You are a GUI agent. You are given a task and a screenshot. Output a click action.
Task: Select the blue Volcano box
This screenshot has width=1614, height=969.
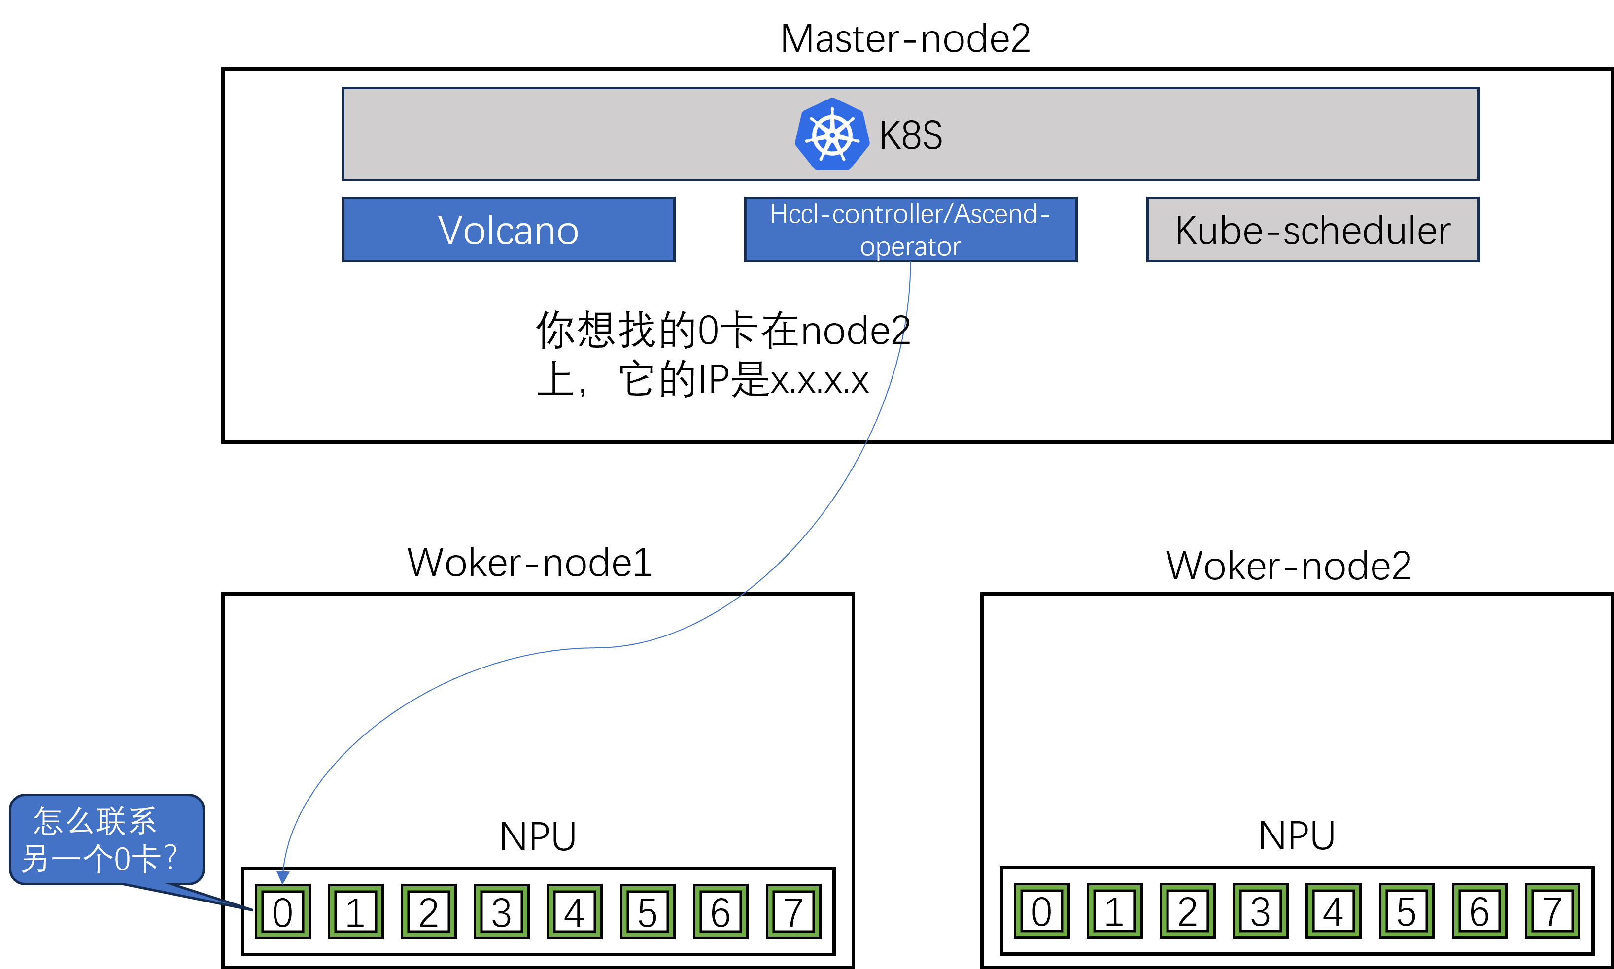tap(509, 230)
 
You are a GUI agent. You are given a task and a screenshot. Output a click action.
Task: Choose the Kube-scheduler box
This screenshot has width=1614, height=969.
tap(1313, 230)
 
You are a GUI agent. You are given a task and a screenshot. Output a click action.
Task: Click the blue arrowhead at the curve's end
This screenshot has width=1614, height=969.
tap(283, 876)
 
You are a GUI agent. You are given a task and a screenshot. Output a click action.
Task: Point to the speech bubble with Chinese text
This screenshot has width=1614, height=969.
tap(106, 839)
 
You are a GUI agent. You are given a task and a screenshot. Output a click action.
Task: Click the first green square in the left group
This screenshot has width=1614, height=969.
tap(283, 911)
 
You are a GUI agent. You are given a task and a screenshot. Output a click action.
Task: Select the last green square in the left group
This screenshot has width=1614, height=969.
tap(793, 911)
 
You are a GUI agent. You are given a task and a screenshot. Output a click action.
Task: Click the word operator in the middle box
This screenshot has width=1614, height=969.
tap(911, 247)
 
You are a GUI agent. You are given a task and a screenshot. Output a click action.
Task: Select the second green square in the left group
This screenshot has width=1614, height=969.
tap(356, 911)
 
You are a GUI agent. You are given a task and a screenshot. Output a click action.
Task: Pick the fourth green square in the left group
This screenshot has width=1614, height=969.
tap(502, 911)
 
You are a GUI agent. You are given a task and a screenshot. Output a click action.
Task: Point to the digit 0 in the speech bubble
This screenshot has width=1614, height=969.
tap(122, 859)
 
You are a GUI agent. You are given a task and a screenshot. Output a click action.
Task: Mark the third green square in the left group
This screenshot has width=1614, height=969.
tap(428, 911)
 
